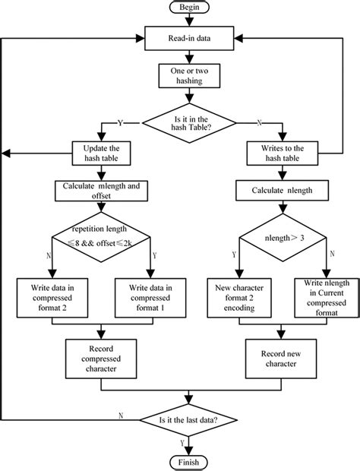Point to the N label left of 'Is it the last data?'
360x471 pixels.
(x=122, y=415)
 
